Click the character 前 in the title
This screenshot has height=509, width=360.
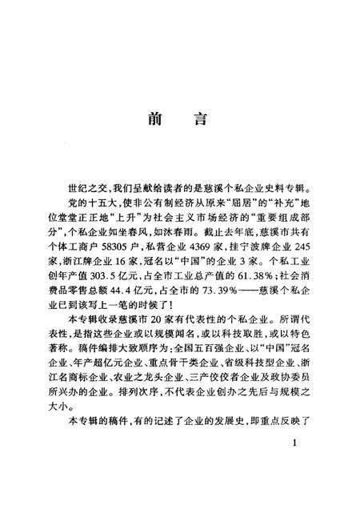click(156, 122)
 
